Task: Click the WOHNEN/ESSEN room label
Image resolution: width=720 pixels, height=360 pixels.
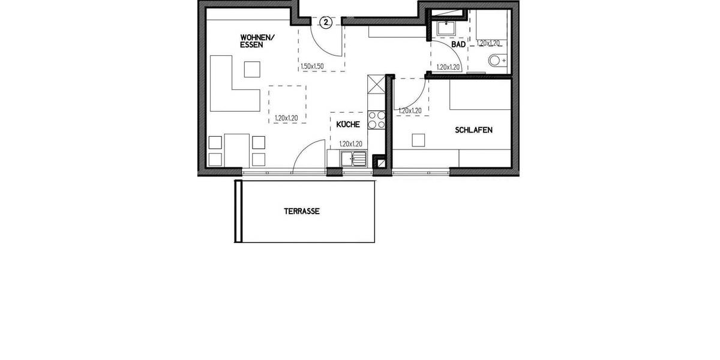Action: point(257,41)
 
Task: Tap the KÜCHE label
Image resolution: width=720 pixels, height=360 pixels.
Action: point(348,125)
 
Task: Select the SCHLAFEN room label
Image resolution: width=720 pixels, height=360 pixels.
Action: point(473,129)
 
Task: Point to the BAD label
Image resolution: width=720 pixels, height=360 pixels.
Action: point(458,44)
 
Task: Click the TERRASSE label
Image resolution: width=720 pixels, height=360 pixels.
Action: point(301,211)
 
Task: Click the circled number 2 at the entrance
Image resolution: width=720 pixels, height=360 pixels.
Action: point(325,23)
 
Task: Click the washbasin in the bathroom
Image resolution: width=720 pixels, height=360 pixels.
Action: point(446,28)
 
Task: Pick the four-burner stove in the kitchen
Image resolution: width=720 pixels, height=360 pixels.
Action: point(376,120)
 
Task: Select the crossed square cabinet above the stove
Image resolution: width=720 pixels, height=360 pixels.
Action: point(376,85)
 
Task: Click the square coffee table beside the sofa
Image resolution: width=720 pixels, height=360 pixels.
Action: point(252,70)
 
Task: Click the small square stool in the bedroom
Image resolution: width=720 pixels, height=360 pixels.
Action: point(419,140)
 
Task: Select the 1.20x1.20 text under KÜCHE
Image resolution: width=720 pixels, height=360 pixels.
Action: point(351,144)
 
